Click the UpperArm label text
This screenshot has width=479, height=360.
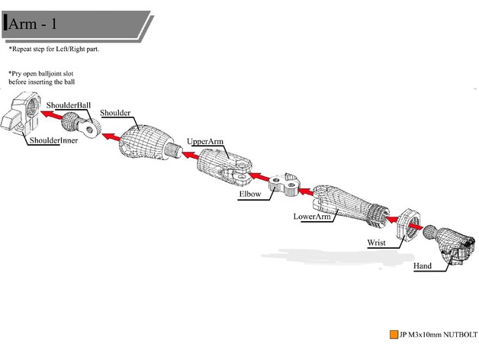pyautogui.click(x=205, y=141)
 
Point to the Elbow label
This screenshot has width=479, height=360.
pyautogui.click(x=250, y=194)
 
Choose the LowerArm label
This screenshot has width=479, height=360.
pyautogui.click(x=312, y=217)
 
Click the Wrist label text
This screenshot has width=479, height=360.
pyautogui.click(x=376, y=243)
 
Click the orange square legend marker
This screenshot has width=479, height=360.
pyautogui.click(x=392, y=334)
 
